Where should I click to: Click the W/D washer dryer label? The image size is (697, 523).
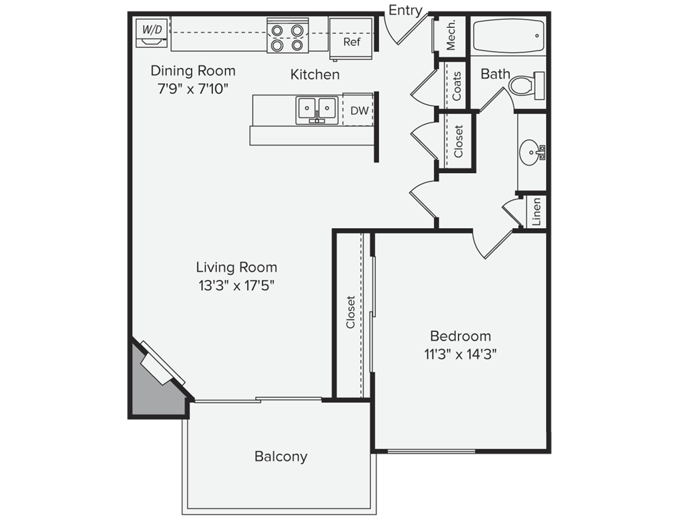click(x=152, y=30)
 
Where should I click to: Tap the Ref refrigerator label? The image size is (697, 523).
click(x=352, y=42)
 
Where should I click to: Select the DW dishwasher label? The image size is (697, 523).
click(x=359, y=110)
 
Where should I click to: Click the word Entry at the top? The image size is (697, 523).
click(x=405, y=10)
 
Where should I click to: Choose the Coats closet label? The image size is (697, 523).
click(x=457, y=86)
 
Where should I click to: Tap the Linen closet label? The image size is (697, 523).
click(x=536, y=212)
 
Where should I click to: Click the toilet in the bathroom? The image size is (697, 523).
click(x=527, y=85)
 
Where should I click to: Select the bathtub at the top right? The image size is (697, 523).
click(x=508, y=36)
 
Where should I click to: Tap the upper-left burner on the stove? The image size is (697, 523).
click(x=277, y=31)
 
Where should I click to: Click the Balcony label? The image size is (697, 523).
click(x=281, y=457)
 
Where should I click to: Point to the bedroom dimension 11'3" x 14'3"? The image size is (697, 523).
click(x=460, y=354)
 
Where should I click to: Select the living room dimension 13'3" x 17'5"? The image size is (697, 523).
click(x=236, y=285)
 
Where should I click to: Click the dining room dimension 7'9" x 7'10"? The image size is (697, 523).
click(x=193, y=89)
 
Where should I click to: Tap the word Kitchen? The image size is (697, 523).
click(x=314, y=75)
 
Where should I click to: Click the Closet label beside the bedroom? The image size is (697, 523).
click(x=351, y=312)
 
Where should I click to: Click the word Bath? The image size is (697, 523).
click(x=496, y=74)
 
